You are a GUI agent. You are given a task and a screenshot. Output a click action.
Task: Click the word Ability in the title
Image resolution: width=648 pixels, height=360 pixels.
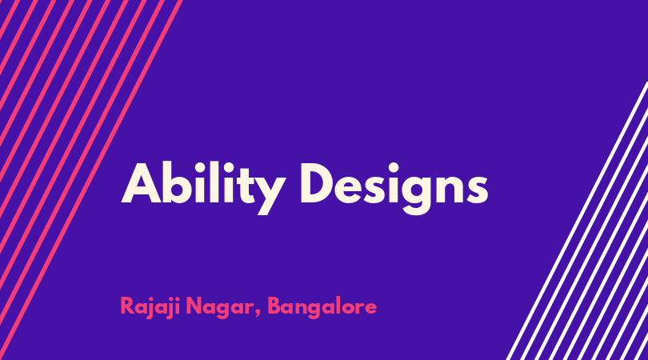[x=203, y=188]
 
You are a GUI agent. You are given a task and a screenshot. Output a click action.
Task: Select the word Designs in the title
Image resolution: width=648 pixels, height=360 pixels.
[x=394, y=188]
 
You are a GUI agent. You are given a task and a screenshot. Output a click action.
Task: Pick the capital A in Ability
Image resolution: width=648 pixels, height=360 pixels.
[x=141, y=184]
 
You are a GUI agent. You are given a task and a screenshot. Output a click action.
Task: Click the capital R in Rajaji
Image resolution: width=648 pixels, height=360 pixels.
[x=128, y=306]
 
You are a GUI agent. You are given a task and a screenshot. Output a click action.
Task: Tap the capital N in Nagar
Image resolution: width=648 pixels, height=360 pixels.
[x=194, y=306]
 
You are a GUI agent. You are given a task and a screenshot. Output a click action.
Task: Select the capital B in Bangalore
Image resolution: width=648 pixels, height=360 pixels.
[x=276, y=306]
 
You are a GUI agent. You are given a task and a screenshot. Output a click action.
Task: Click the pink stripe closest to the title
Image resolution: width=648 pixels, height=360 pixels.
[x=91, y=180]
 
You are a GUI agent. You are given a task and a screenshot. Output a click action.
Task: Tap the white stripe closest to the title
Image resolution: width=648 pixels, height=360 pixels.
[x=577, y=221]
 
